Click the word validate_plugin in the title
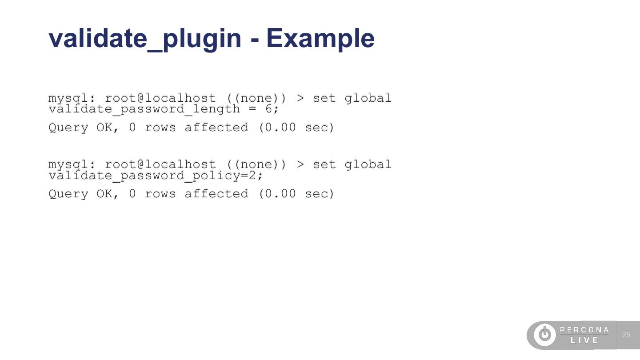145,38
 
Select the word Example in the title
320,38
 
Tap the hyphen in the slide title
255,39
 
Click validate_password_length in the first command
144,109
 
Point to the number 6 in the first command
268,109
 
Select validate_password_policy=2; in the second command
156,176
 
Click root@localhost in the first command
160,98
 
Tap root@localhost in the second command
160,164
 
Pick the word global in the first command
368,98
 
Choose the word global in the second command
368,164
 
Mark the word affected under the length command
216,128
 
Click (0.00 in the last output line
277,194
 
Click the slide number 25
626,335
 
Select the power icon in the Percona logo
545,335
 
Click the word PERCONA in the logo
584,330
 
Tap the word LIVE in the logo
585,340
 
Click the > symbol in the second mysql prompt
300,164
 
